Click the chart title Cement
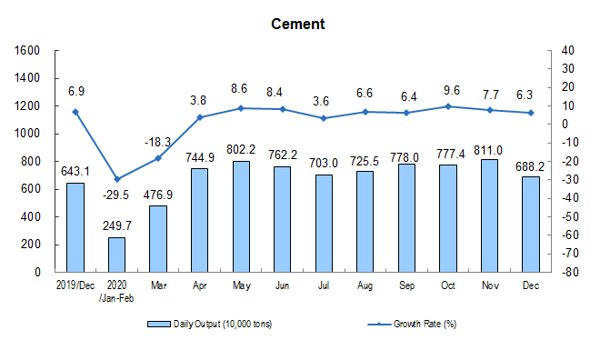click(x=297, y=25)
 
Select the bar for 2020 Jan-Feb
click(x=116, y=255)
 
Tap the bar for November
click(x=489, y=215)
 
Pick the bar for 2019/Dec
click(x=75, y=227)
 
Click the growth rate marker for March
click(x=158, y=158)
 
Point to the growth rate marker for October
click(x=448, y=106)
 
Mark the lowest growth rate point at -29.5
click(x=117, y=179)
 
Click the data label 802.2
click(x=241, y=149)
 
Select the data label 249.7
click(x=117, y=225)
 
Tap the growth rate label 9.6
click(x=452, y=90)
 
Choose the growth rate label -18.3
click(x=157, y=143)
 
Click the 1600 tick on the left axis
click(x=26, y=50)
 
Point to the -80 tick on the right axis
click(x=570, y=272)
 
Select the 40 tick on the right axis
click(x=567, y=50)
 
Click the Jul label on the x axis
click(x=324, y=285)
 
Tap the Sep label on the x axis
click(x=406, y=285)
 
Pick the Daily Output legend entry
click(x=210, y=324)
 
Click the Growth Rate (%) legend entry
click(x=412, y=324)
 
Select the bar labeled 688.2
click(x=531, y=225)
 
